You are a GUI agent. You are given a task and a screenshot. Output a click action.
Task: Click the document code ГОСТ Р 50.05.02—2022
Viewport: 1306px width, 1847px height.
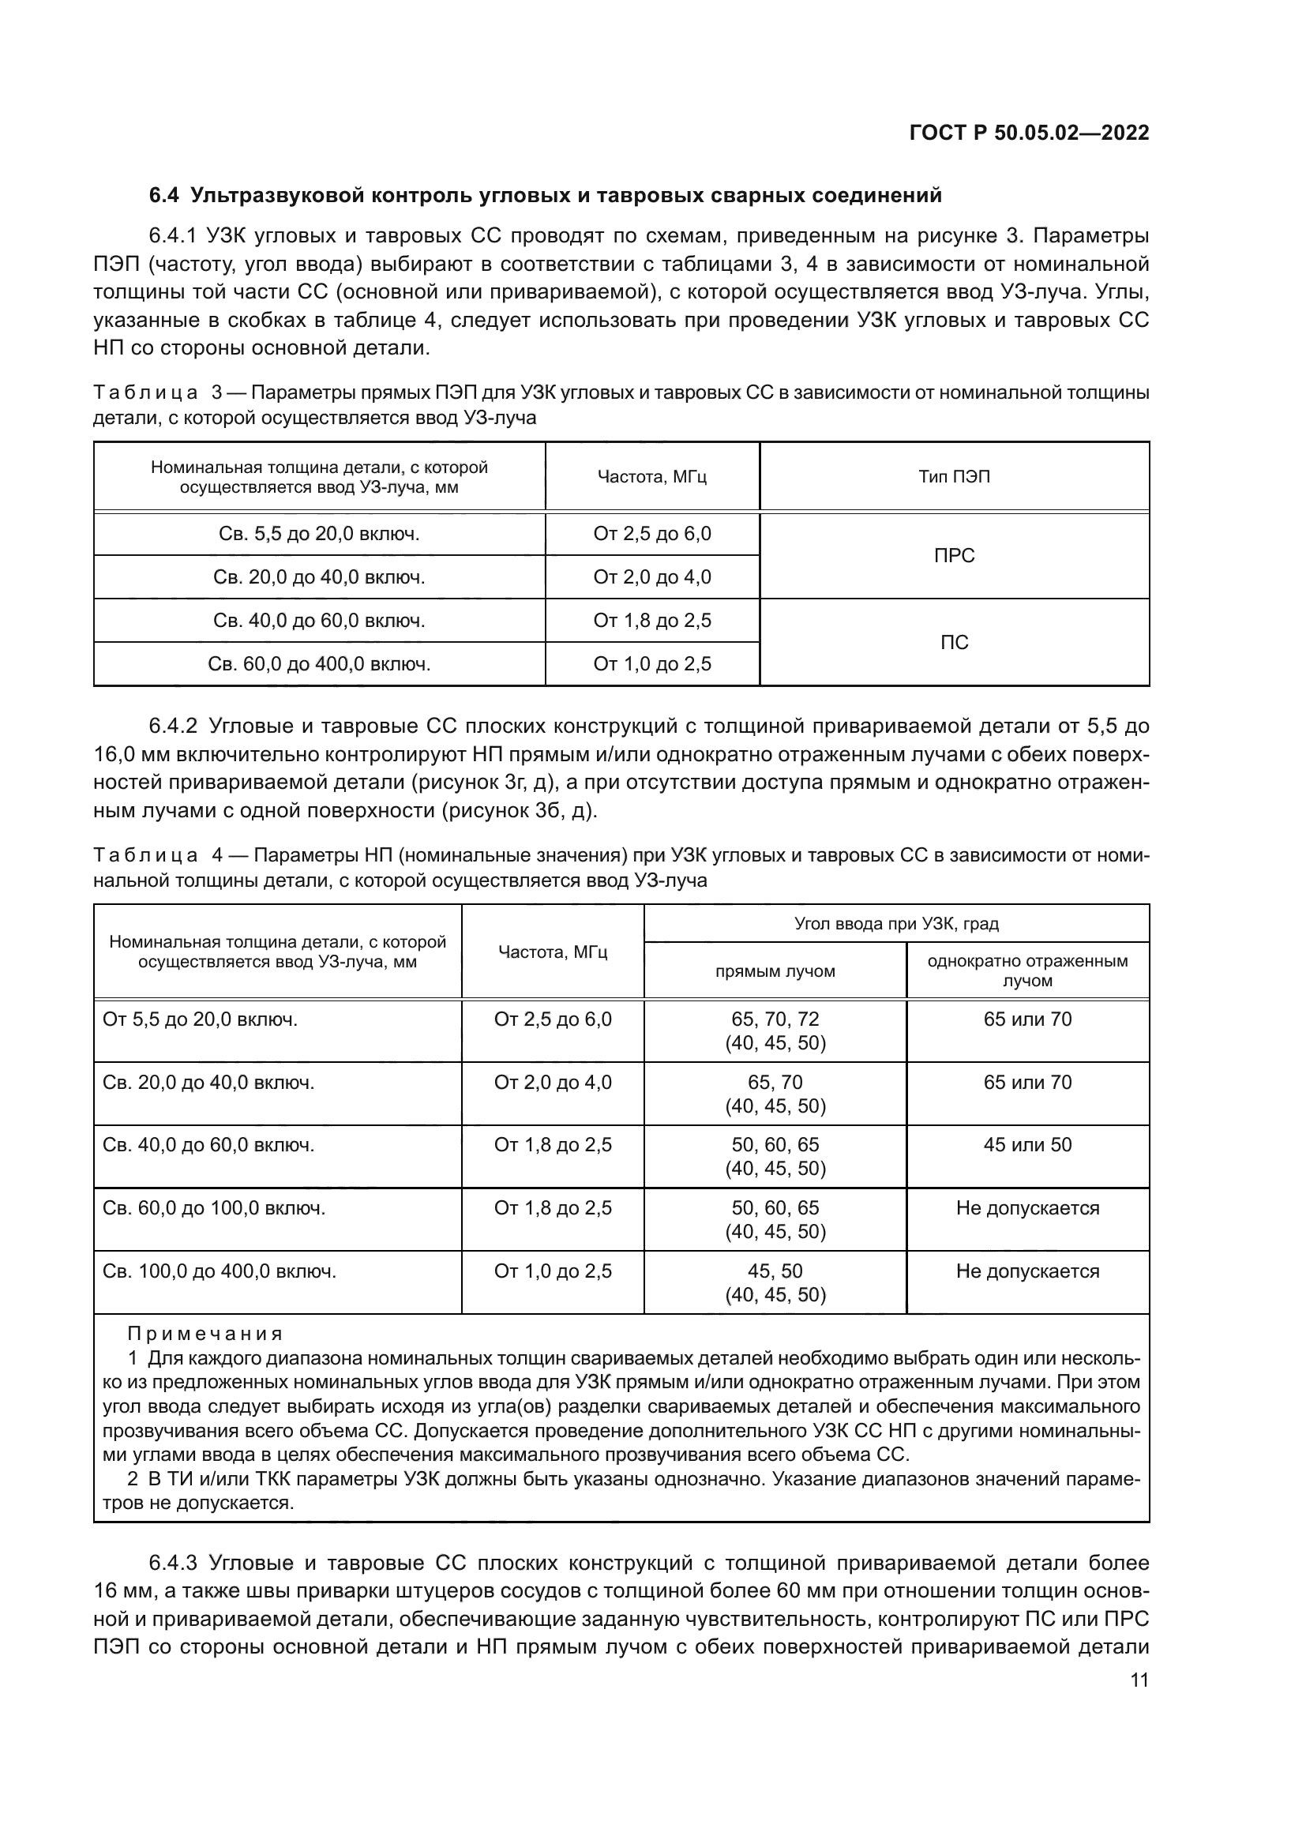(x=1029, y=133)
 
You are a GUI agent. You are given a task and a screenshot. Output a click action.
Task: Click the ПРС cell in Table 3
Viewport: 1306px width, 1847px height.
(x=954, y=556)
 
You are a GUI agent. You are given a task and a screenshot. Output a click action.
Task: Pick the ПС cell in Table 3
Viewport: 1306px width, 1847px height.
(x=954, y=642)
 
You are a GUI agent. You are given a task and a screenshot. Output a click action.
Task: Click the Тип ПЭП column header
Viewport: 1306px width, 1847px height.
(x=954, y=477)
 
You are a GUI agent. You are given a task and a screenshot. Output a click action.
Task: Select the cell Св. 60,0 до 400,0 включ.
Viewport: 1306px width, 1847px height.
(x=319, y=664)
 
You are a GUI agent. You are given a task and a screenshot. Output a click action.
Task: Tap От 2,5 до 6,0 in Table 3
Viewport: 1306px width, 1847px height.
(x=651, y=534)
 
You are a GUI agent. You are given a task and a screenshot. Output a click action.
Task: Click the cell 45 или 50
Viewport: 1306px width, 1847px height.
(x=1027, y=1145)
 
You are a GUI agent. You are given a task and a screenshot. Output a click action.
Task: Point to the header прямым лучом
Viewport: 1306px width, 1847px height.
(x=775, y=972)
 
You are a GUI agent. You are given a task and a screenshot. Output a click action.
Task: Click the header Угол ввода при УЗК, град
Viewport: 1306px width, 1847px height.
(x=896, y=924)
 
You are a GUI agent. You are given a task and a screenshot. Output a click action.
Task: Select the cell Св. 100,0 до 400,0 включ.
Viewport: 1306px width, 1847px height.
(x=220, y=1271)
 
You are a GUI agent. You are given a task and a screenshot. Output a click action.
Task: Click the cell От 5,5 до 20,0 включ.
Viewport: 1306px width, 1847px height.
(x=201, y=1020)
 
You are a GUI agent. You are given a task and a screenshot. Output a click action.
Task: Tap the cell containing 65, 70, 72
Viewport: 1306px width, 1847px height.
(x=775, y=1020)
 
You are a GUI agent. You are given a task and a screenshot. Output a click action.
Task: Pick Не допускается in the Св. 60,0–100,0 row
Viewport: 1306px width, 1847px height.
(x=1027, y=1208)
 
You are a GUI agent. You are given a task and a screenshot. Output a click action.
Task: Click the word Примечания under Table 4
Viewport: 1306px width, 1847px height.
(x=205, y=1335)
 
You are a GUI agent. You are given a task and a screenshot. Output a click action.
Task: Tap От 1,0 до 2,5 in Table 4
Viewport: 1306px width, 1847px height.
(x=553, y=1271)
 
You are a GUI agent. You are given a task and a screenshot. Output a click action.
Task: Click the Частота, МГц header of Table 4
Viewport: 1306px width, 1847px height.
(x=553, y=952)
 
